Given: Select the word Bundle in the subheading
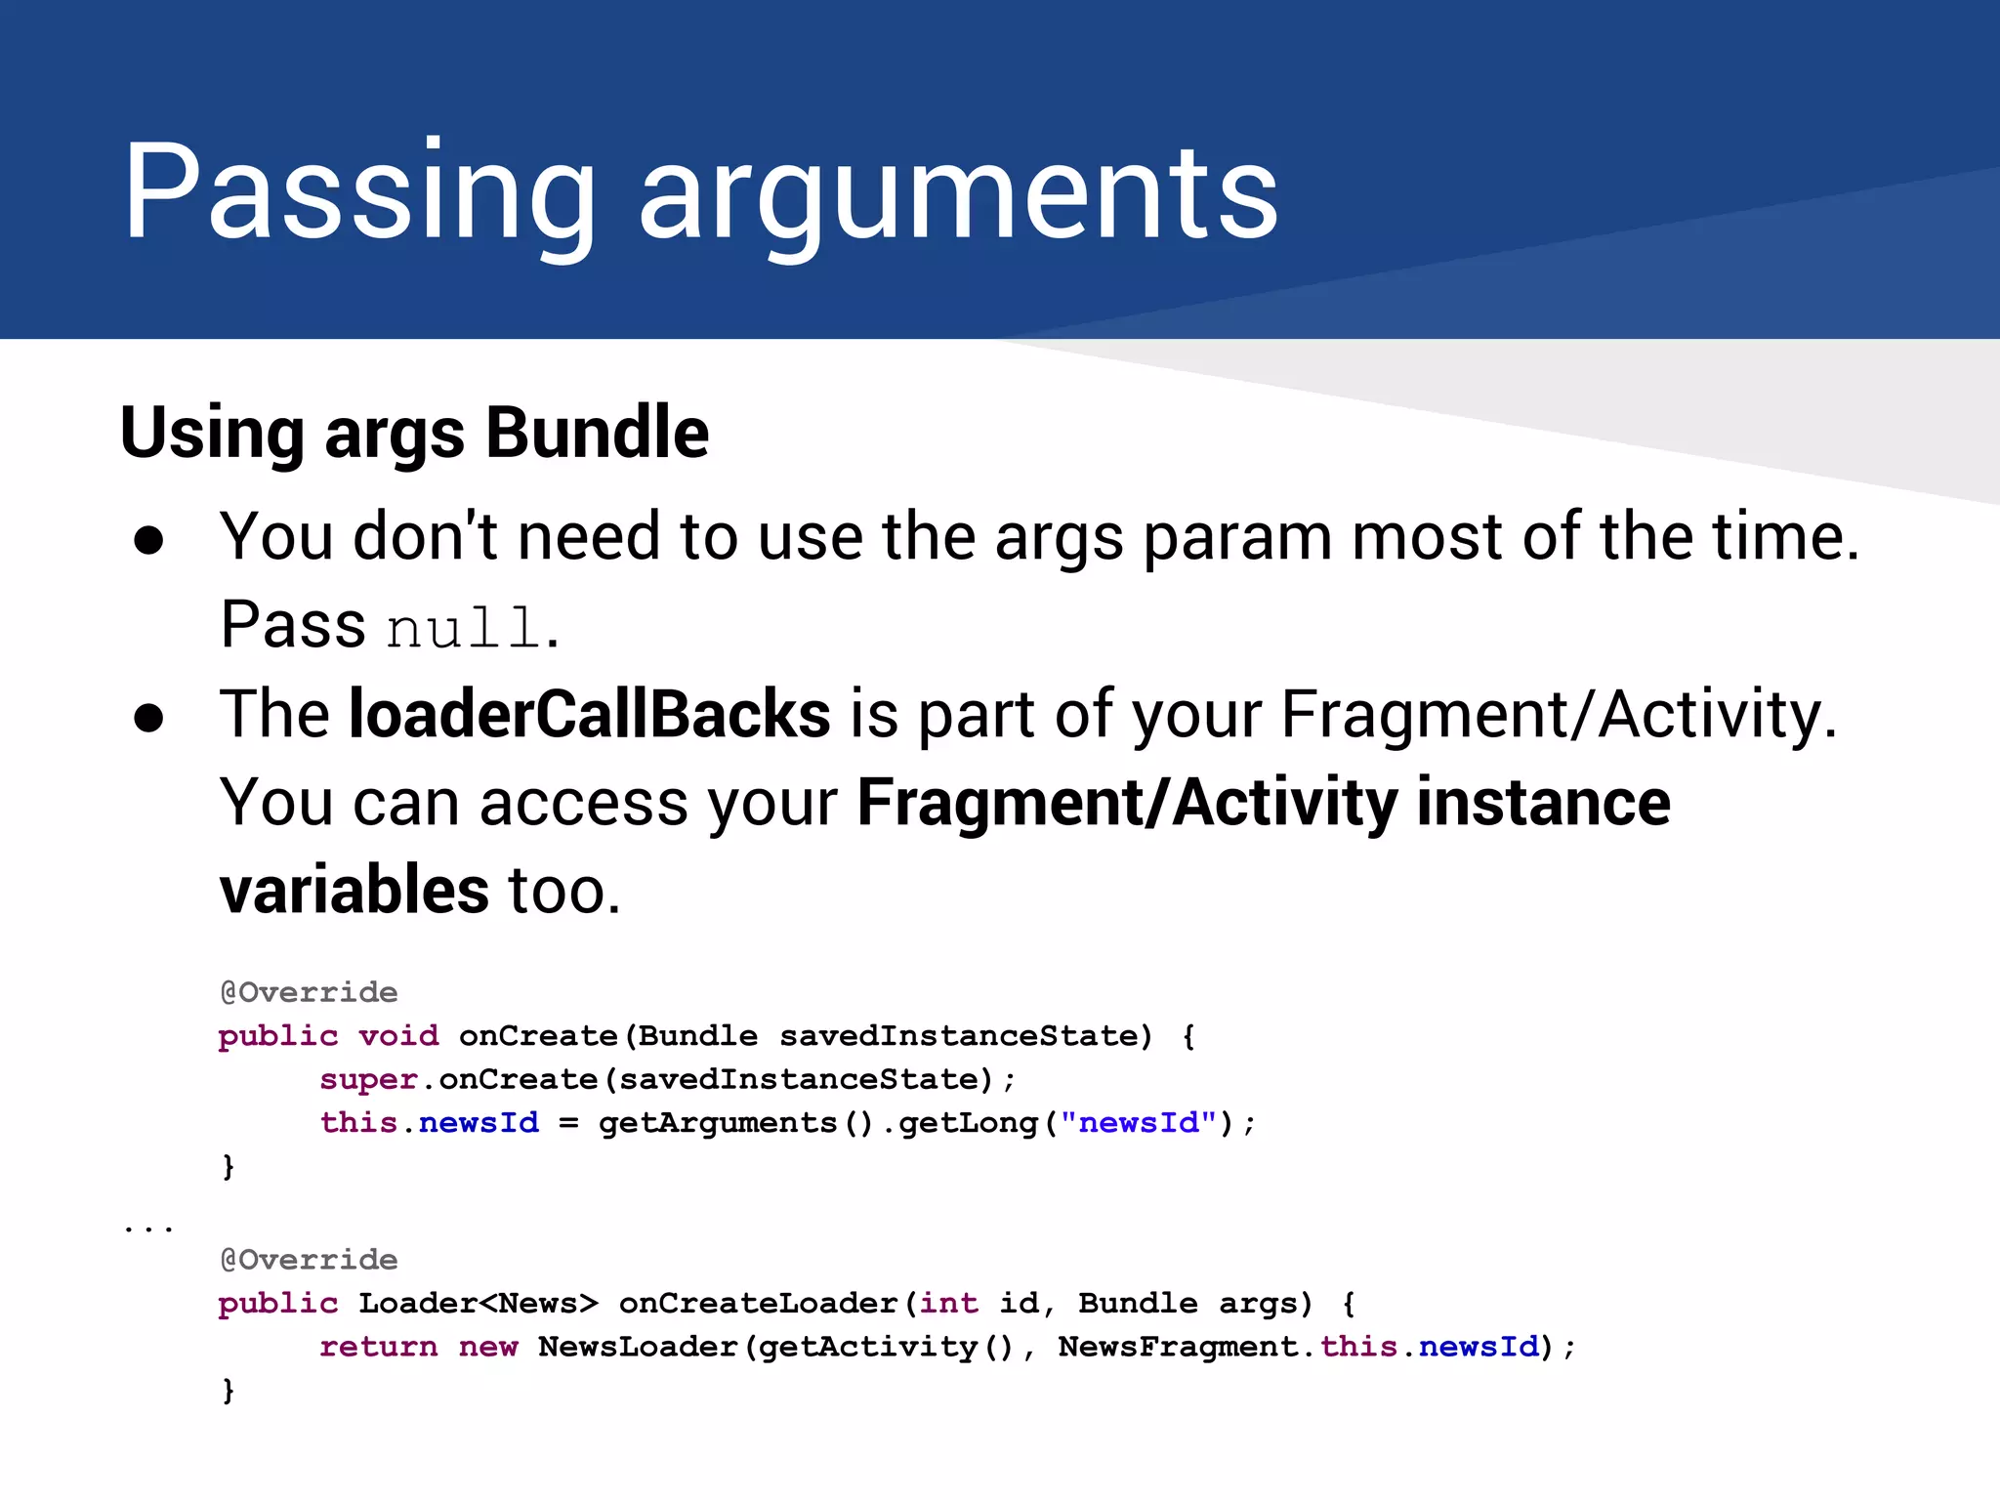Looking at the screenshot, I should coord(597,433).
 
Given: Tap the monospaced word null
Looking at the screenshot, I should coord(464,627).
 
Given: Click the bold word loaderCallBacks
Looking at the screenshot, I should coord(590,714).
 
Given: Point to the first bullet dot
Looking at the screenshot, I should coord(148,541).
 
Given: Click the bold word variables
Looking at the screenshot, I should coord(354,891).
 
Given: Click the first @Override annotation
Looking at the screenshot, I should coord(309,993).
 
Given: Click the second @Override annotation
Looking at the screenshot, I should coord(309,1261).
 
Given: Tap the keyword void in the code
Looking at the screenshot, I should coord(398,1036).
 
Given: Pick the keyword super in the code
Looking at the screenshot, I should coord(368,1080).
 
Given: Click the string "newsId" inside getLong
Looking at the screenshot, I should coord(1139,1123).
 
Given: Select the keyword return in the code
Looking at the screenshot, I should coord(378,1348).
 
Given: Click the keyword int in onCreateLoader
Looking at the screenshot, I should coord(948,1304).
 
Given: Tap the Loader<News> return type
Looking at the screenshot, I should coord(478,1304).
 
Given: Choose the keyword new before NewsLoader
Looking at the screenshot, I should coord(488,1348).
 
